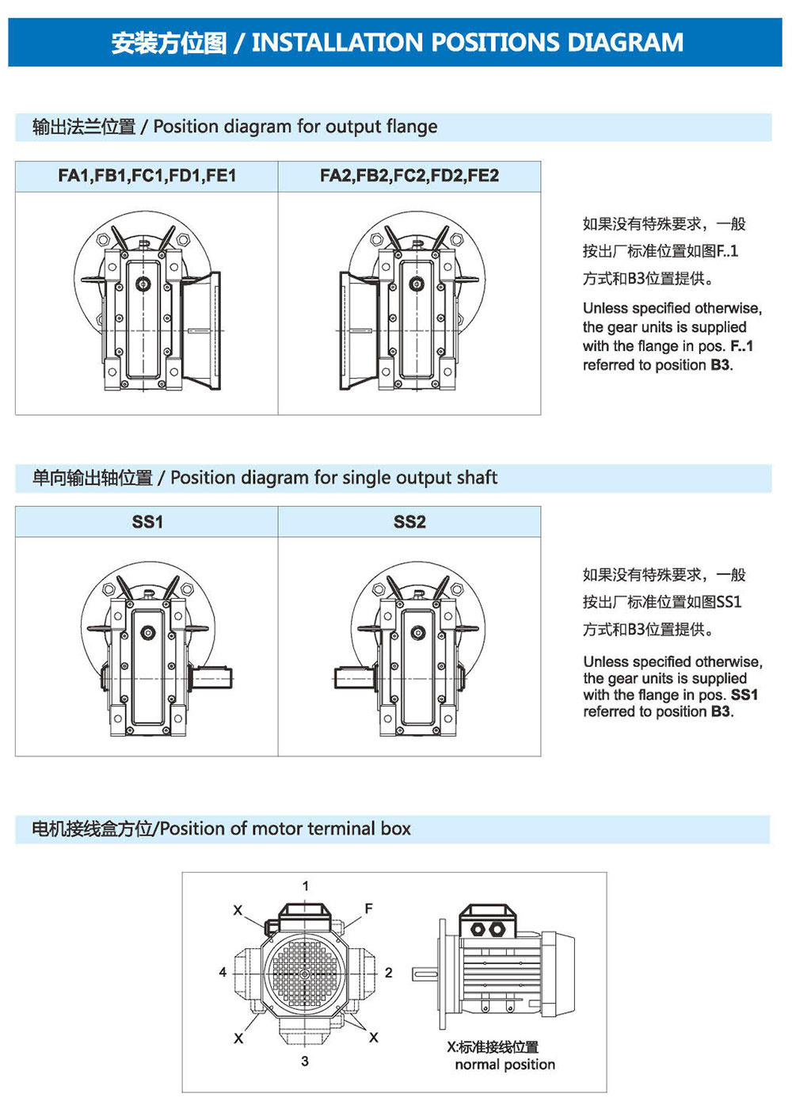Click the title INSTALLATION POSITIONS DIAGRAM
pos(467,42)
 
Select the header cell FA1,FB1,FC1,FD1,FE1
pos(147,176)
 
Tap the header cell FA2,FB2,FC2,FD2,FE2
pos(409,176)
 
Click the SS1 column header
pos(147,522)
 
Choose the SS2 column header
pos(409,522)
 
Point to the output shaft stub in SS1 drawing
pos(212,678)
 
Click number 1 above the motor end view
pos(306,886)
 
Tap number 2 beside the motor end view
pos(389,973)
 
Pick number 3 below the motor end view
pos(305,1061)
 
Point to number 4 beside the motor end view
pos(223,973)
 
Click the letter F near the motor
pos(368,909)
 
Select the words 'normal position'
pos(505,1065)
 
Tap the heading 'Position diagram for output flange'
pos(295,127)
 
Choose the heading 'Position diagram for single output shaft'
pos(333,478)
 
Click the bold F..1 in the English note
pos(742,346)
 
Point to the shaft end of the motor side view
pos(422,973)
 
